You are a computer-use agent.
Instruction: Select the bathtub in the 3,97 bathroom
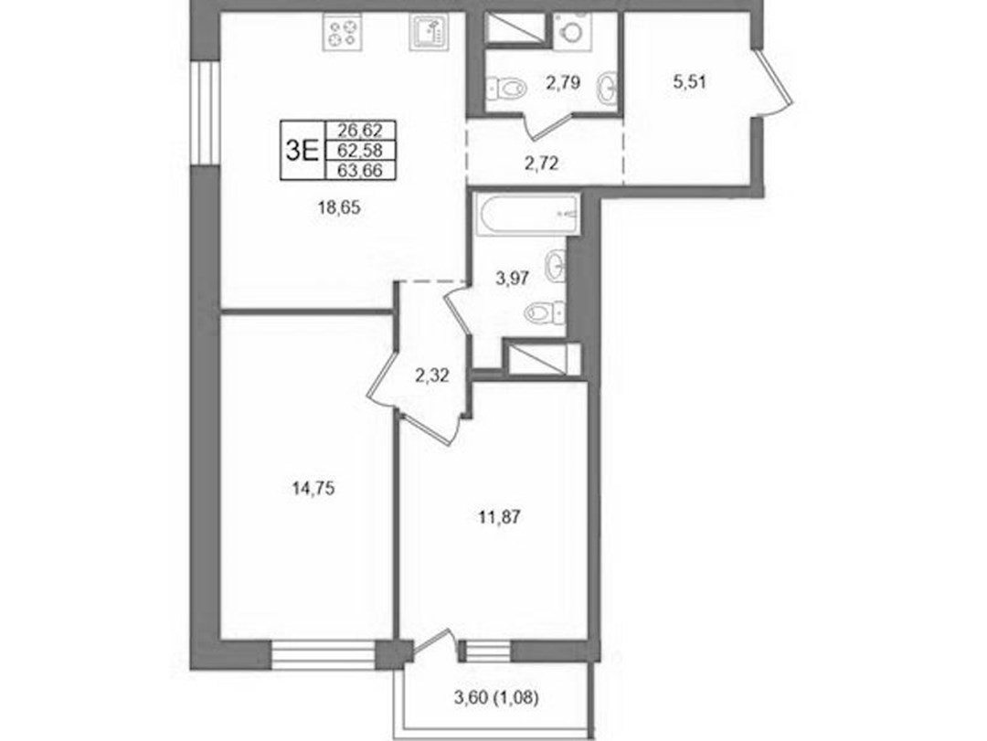(x=527, y=215)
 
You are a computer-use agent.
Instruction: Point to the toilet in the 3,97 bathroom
(x=545, y=311)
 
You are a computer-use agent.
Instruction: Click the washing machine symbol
(x=573, y=30)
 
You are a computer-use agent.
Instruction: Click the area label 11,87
(x=498, y=517)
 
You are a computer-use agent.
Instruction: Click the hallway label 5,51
(x=689, y=82)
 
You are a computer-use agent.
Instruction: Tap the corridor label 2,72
(x=542, y=164)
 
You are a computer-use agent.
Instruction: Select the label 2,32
(x=431, y=376)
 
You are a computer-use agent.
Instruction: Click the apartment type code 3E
(x=302, y=150)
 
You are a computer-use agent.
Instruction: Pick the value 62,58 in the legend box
(x=360, y=150)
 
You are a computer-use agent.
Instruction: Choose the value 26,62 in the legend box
(x=360, y=131)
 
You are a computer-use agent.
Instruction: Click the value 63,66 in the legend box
(x=360, y=169)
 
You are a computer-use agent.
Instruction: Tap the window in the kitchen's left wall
(x=204, y=112)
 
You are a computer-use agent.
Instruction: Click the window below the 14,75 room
(x=324, y=655)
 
